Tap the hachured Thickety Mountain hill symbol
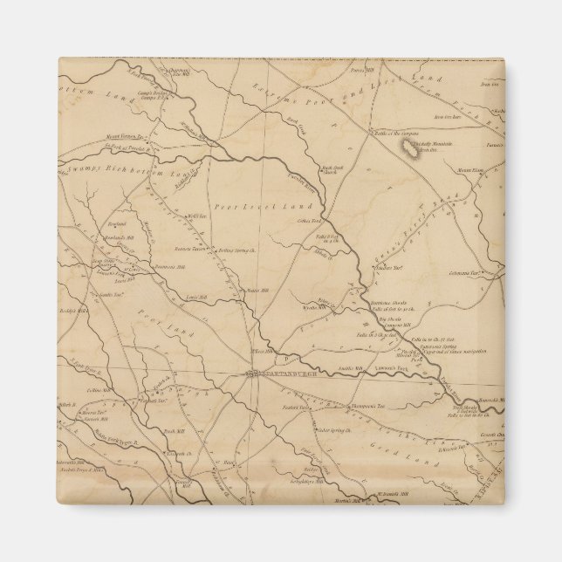pos(408,149)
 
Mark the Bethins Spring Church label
pos(236,249)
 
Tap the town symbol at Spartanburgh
pos(251,374)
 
